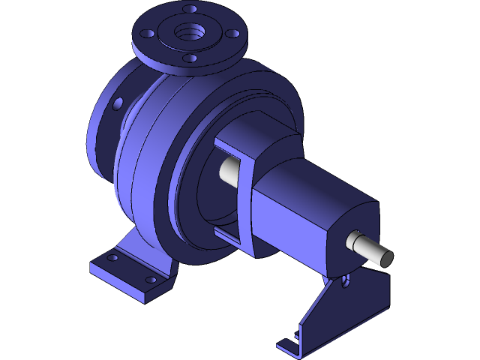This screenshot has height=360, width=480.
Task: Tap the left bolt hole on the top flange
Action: tap(147, 34)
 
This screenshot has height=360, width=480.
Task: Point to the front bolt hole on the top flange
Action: tap(189, 58)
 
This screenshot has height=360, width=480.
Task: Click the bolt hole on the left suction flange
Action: tap(118, 103)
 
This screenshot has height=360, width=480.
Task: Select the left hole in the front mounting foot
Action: tap(112, 258)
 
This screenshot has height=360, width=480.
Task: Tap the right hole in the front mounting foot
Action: tap(151, 280)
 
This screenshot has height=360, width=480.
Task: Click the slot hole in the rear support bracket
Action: tap(345, 281)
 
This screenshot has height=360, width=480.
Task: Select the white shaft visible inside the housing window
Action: tap(229, 172)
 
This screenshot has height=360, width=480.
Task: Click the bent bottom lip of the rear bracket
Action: tap(289, 346)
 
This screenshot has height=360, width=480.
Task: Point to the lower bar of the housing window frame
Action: tap(229, 238)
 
